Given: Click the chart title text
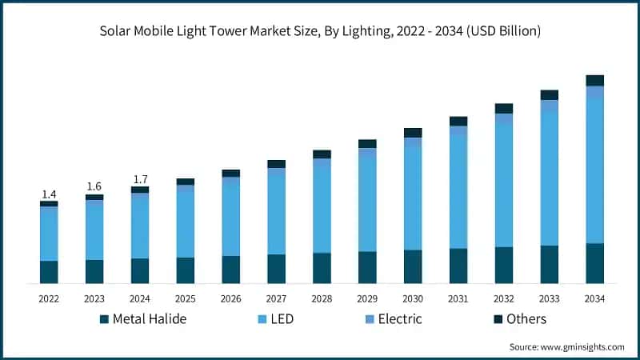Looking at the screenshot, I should (x=320, y=31).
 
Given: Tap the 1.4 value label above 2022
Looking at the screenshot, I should (x=49, y=194).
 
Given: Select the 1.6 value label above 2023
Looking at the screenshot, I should (x=94, y=186).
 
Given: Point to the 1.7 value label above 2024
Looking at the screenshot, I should (x=140, y=179).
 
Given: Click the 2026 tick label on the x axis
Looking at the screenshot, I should (x=230, y=298).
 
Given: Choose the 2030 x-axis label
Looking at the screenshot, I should (x=413, y=298).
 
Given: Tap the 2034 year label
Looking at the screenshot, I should (x=594, y=298).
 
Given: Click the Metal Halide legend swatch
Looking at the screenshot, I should (x=104, y=319).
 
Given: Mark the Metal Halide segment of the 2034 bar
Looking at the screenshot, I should (x=594, y=263).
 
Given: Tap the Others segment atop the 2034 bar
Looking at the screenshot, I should (x=594, y=80).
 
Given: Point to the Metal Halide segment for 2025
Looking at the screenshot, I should (x=186, y=270).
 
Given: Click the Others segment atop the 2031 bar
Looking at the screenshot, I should (x=458, y=121).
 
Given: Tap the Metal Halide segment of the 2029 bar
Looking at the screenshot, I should (x=367, y=267).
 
